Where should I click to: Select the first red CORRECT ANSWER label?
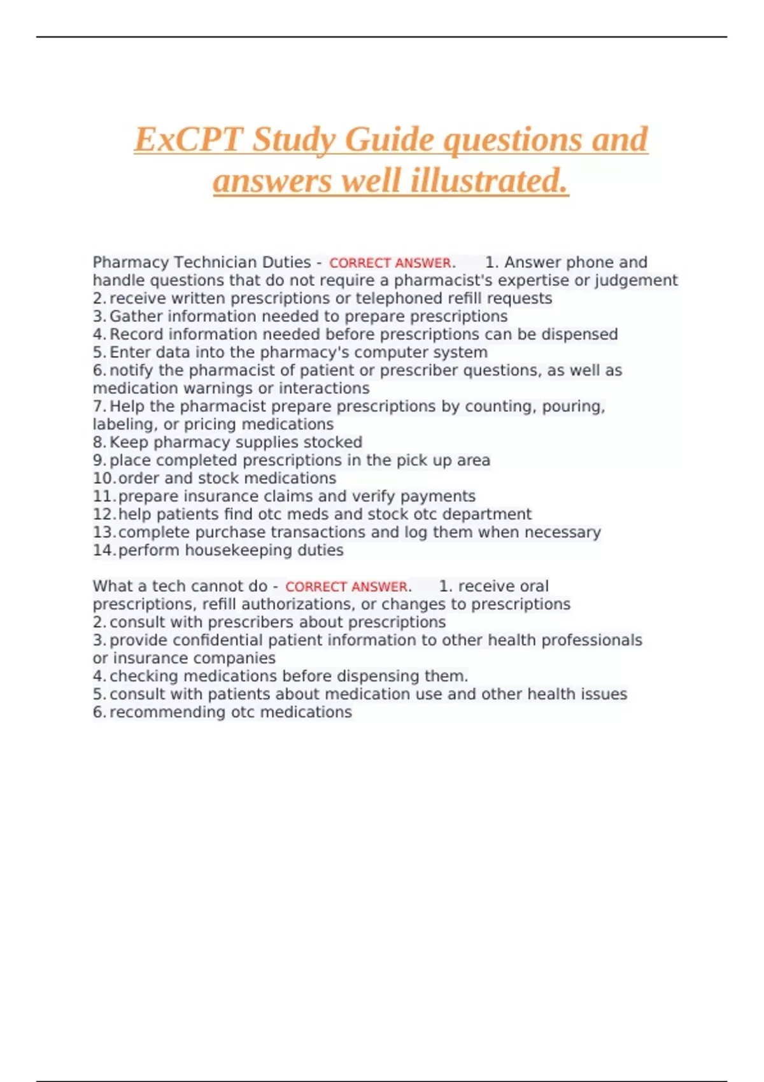(x=390, y=263)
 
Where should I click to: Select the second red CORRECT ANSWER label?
(x=346, y=587)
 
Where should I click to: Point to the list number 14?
(x=103, y=551)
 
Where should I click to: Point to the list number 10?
(x=103, y=479)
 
